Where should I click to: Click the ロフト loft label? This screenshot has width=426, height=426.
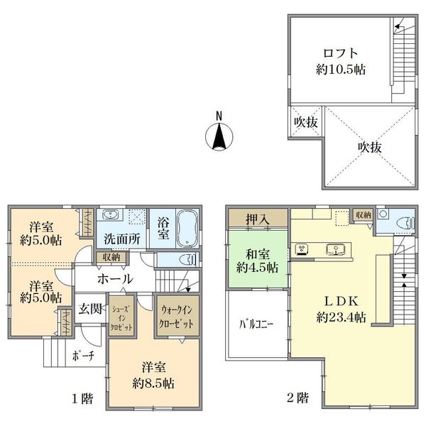[x=340, y=53]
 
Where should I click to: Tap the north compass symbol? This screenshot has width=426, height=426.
[x=219, y=133]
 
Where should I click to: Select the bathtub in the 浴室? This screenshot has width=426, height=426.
[x=187, y=228]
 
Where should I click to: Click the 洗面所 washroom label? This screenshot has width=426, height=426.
[x=122, y=239]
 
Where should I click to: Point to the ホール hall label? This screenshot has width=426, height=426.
[x=116, y=279]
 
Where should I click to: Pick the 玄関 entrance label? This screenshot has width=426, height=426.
[x=90, y=309]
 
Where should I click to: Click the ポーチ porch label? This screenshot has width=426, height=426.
[x=83, y=356]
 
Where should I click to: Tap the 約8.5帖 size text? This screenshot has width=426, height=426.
[x=153, y=383]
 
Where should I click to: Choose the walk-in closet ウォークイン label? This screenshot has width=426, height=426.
[x=177, y=310]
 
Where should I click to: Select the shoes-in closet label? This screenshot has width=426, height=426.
[x=121, y=318]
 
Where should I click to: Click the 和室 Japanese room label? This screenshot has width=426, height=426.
[x=258, y=255]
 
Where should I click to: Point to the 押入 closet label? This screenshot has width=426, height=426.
[x=258, y=219]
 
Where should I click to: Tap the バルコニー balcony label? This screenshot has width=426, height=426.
[x=256, y=324]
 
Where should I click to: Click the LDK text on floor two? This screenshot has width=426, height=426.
[x=342, y=301]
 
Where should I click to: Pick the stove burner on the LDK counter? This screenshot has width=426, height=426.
[x=301, y=250]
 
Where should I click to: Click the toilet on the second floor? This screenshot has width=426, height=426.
[x=406, y=223]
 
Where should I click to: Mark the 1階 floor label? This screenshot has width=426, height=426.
[x=82, y=398]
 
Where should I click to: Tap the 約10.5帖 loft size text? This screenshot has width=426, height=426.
[x=341, y=70]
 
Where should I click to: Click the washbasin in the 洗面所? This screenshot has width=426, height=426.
[x=110, y=215]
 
